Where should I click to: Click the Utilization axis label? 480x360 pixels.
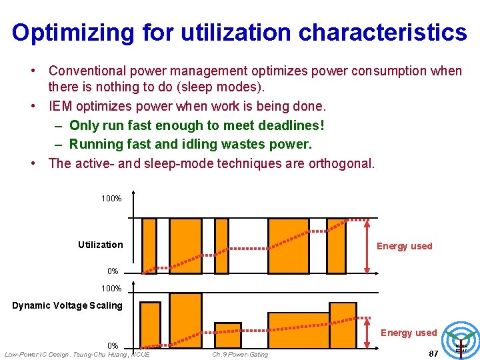coord(100,245)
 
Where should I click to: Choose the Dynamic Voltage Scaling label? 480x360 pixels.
coord(67,305)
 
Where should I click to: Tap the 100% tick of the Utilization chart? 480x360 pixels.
coord(111,199)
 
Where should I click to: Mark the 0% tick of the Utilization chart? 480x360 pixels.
coord(113,271)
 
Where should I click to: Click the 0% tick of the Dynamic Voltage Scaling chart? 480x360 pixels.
coord(113,345)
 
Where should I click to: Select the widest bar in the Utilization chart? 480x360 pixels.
coord(288,245)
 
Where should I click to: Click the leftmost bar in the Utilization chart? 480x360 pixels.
coord(149,245)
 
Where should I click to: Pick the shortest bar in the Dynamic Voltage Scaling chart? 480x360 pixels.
coord(227,335)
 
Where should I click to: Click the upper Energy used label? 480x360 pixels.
coord(404,246)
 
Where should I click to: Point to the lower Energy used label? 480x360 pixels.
coord(408,333)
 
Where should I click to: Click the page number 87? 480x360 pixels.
coord(433,353)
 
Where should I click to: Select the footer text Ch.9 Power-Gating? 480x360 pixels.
coord(240,354)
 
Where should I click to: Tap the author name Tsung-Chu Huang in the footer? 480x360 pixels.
coord(103,353)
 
